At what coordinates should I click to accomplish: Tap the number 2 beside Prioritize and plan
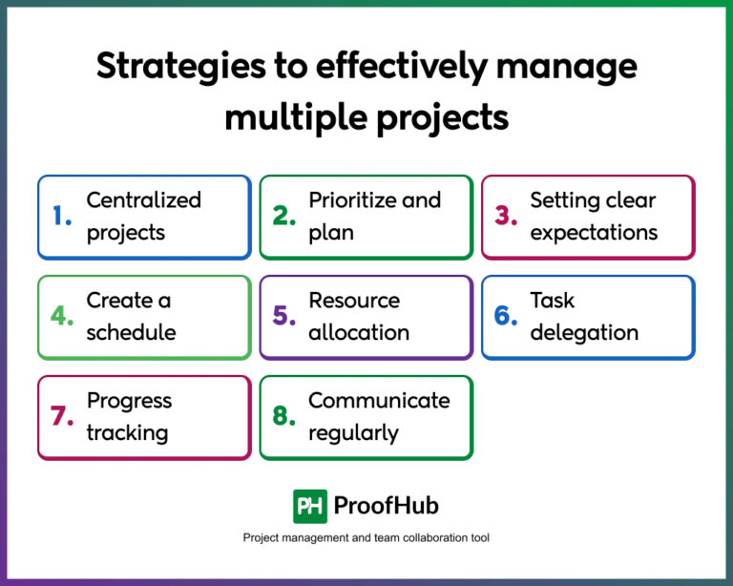click(284, 217)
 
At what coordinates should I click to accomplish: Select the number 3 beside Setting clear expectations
click(506, 217)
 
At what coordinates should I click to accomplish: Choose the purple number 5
click(284, 317)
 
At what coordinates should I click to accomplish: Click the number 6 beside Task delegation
click(506, 317)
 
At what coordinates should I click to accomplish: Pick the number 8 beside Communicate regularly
click(284, 417)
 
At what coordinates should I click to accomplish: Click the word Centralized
click(144, 200)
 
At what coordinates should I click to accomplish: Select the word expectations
click(594, 233)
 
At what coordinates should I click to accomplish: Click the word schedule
click(131, 333)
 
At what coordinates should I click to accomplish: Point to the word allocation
click(359, 333)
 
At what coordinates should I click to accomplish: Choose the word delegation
click(584, 333)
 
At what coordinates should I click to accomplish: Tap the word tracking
click(127, 433)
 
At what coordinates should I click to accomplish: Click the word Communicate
click(379, 401)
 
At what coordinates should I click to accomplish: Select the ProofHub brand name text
click(387, 506)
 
